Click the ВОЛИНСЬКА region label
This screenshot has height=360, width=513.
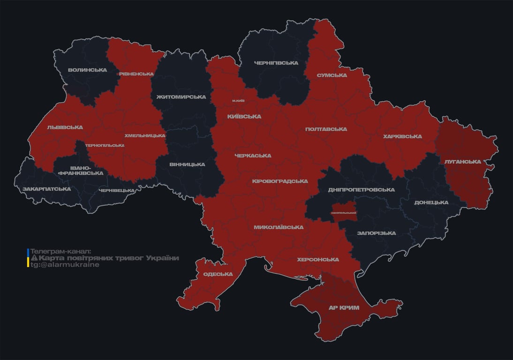pyautogui.click(x=87, y=70)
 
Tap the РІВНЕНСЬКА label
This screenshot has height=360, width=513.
pyautogui.click(x=136, y=74)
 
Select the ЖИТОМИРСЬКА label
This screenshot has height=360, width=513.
pyautogui.click(x=178, y=97)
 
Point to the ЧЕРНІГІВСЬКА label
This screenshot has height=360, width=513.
pyautogui.click(x=276, y=63)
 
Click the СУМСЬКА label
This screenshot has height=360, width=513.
pyautogui.click(x=332, y=75)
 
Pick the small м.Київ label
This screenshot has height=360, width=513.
pyautogui.click(x=238, y=101)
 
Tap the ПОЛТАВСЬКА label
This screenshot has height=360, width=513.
pyautogui.click(x=326, y=129)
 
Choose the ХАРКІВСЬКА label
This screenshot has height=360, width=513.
pyautogui.click(x=402, y=137)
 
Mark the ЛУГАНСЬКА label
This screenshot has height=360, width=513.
pyautogui.click(x=463, y=162)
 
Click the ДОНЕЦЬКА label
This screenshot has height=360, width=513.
pyautogui.click(x=431, y=203)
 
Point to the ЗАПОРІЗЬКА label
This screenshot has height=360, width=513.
pyautogui.click(x=376, y=233)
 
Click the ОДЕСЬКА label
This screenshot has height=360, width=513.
pyautogui.click(x=218, y=274)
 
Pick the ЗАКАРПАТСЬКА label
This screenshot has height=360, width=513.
pyautogui.click(x=46, y=189)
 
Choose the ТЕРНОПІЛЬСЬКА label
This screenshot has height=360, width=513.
pyautogui.click(x=105, y=145)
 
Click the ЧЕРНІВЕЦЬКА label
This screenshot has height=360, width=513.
pyautogui.click(x=117, y=191)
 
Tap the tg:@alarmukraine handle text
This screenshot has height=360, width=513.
pyautogui.click(x=65, y=265)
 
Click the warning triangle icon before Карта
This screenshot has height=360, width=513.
pyautogui.click(x=34, y=258)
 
